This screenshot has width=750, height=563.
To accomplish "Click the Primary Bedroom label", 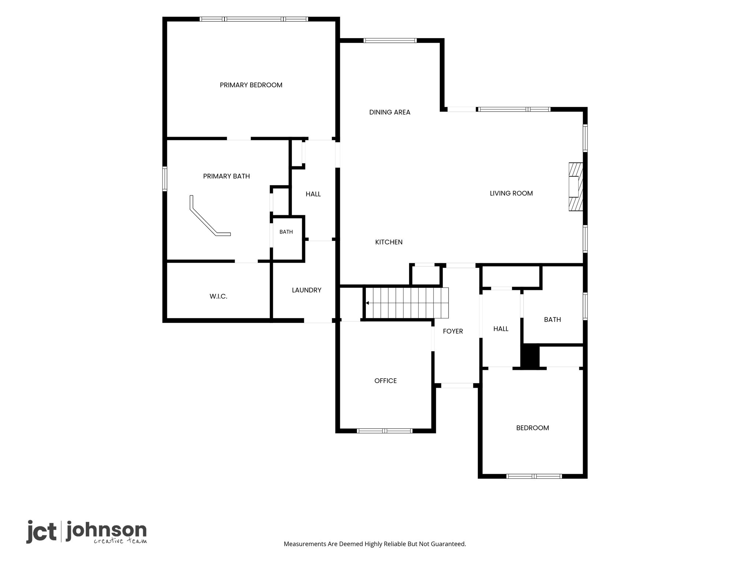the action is click(251, 85).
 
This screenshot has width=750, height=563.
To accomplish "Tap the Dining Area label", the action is click(390, 112).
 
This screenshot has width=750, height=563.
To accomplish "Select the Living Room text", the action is click(511, 193).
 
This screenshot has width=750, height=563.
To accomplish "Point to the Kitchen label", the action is click(389, 242).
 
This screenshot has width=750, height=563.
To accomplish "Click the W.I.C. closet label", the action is click(218, 296).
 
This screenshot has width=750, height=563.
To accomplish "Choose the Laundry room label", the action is click(307, 290).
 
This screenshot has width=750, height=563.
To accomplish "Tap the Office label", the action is click(386, 381).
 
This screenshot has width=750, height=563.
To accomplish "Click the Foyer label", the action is click(453, 331).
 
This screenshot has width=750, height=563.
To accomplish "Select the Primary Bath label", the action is click(226, 176).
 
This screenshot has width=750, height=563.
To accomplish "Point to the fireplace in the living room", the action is click(575, 187).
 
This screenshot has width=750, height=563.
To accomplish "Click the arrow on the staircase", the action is click(367, 303).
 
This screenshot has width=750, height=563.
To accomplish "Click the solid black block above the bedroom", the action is click(530, 356).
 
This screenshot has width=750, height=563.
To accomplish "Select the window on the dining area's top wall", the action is click(390, 41).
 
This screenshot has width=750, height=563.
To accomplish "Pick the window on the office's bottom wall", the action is click(385, 431).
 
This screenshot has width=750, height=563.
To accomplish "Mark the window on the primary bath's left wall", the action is click(165, 179).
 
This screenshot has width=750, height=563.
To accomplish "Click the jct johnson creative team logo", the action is click(86, 531).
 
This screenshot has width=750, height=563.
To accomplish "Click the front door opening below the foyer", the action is click(457, 386).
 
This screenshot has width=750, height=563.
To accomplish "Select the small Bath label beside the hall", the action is click(286, 232).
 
